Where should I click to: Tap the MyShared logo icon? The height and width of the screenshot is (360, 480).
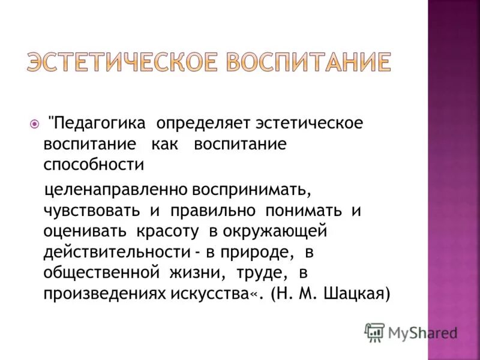374,332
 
